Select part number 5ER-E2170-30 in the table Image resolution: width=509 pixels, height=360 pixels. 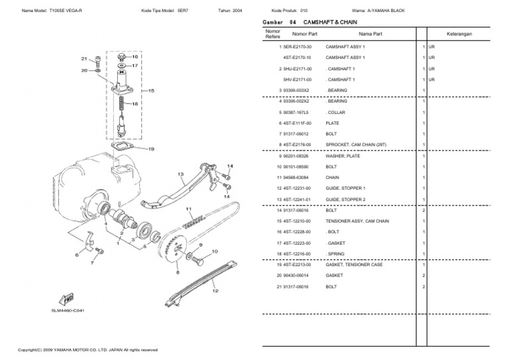(x=298, y=47)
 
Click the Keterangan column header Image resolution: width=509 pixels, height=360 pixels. (x=459, y=33)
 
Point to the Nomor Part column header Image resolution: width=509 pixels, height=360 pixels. (x=304, y=33)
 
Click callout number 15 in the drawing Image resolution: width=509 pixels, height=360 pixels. (x=151, y=91)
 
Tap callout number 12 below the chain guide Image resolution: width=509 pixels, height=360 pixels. (x=214, y=290)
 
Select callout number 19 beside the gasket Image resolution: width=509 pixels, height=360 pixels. (x=151, y=149)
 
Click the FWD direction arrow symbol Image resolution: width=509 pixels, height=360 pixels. (x=66, y=299)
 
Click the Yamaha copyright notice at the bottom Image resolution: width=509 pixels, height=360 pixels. (x=87, y=349)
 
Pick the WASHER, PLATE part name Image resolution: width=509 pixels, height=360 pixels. (x=341, y=156)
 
